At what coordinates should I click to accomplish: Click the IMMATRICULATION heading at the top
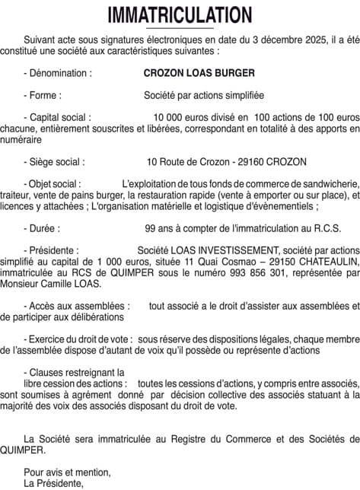point(180,14)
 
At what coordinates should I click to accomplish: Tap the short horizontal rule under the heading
point(180,28)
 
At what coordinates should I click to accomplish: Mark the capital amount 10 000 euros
point(180,119)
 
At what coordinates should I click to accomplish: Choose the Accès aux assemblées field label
point(77,305)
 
